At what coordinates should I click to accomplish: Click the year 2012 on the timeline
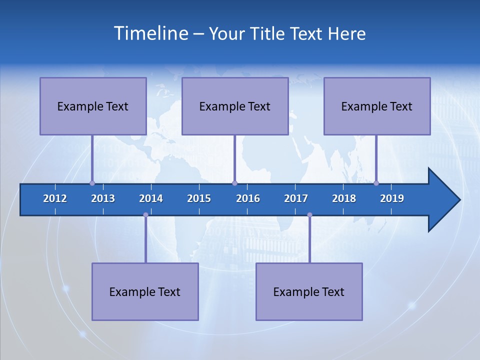pyautogui.click(x=55, y=198)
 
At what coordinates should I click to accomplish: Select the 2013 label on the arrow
pyautogui.click(x=103, y=198)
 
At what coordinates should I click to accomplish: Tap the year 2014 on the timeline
pyautogui.click(x=151, y=198)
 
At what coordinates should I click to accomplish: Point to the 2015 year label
pyautogui.click(x=199, y=198)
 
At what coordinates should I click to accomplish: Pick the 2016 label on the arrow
pyautogui.click(x=248, y=198)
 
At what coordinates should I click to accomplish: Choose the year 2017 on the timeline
pyautogui.click(x=296, y=198)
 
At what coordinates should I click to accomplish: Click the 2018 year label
pyautogui.click(x=344, y=198)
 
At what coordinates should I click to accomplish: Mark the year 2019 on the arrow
pyautogui.click(x=392, y=198)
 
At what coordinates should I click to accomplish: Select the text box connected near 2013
pyautogui.click(x=93, y=106)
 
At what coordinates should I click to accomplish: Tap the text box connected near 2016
pyautogui.click(x=235, y=106)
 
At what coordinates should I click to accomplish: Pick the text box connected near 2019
pyautogui.click(x=377, y=106)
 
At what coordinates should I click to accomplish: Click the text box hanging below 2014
pyautogui.click(x=145, y=291)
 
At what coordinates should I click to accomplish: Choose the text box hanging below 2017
pyautogui.click(x=309, y=291)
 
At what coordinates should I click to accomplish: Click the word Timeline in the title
pyautogui.click(x=150, y=33)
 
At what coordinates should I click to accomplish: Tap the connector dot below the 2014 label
pyautogui.click(x=145, y=215)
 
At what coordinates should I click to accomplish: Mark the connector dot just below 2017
pyautogui.click(x=309, y=215)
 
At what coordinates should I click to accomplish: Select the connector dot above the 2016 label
pyautogui.click(x=234, y=183)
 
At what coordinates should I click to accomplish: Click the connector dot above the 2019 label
pyautogui.click(x=376, y=183)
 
